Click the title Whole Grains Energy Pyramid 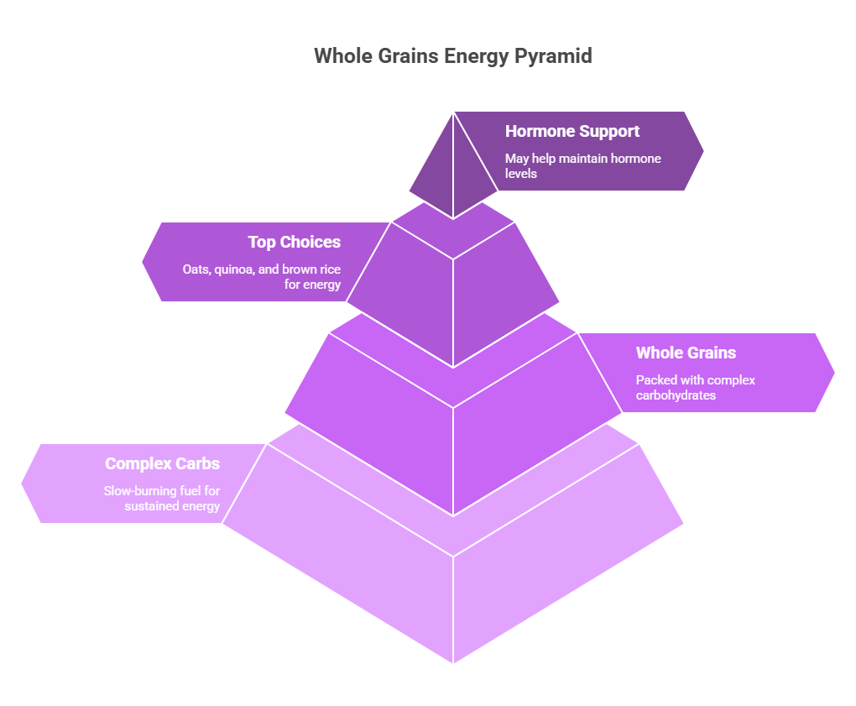click(x=453, y=56)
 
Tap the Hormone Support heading click(x=572, y=131)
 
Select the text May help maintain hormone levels click(x=582, y=165)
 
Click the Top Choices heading click(x=294, y=242)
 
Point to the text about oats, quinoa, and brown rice click(x=262, y=277)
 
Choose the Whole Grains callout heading click(x=686, y=353)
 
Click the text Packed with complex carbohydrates click(x=695, y=387)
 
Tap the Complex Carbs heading click(x=162, y=463)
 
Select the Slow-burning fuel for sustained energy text click(x=162, y=498)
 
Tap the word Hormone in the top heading click(x=540, y=131)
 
